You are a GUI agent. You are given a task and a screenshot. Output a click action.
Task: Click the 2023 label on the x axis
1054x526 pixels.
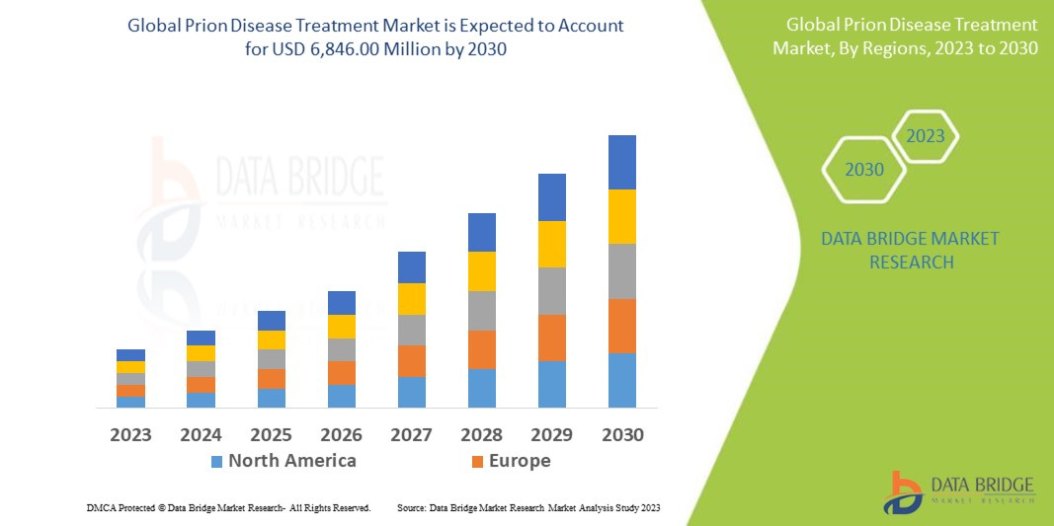coord(130,435)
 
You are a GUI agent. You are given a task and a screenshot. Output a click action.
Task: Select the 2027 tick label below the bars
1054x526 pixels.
coord(412,435)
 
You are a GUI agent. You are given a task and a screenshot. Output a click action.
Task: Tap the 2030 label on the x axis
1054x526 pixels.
coord(622,435)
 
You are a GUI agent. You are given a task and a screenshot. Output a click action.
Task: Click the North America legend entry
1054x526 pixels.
coord(283,461)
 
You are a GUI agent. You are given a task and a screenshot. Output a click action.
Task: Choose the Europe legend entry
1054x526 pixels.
coord(510,461)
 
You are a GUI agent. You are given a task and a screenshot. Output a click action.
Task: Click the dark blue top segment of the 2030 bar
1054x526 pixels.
coord(622,162)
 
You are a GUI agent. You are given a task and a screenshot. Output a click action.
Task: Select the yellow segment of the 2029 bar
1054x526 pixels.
coord(552,244)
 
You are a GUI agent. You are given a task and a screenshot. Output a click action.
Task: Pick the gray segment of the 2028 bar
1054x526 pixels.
coord(482,310)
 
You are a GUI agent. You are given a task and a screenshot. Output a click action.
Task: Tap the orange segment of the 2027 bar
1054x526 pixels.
coord(412,361)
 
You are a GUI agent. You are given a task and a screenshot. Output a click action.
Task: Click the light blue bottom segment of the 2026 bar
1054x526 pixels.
coord(342,396)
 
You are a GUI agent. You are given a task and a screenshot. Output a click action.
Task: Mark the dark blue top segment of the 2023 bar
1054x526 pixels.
coord(130,355)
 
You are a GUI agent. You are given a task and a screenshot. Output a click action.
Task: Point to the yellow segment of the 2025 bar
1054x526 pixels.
coord(272,339)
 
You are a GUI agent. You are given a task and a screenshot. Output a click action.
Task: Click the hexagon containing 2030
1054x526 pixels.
coord(864,170)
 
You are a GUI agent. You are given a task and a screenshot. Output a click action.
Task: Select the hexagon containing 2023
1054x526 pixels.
coord(926,136)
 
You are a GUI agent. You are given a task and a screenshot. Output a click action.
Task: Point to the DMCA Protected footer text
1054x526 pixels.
coord(228,507)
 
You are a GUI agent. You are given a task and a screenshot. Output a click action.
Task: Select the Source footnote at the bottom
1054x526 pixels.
coord(527,507)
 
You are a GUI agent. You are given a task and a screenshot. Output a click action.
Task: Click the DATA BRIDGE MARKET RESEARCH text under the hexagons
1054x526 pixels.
coord(910,251)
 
